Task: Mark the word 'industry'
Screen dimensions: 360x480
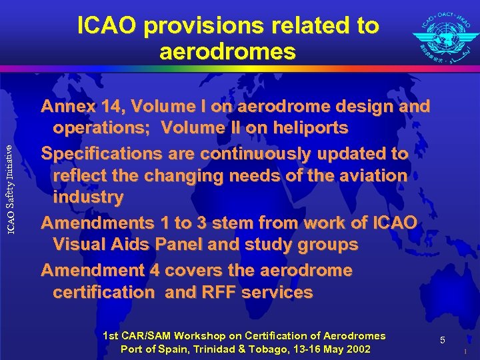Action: pos(88,197)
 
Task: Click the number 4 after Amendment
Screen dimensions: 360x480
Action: pos(158,270)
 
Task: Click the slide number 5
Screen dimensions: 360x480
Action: pos(443,341)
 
